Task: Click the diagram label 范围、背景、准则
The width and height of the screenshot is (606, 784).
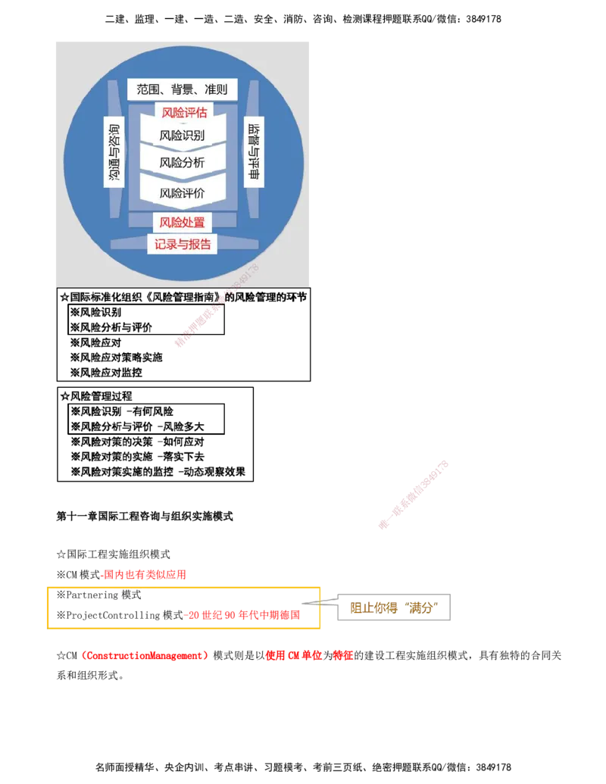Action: click(182, 89)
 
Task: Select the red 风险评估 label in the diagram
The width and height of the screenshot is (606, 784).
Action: click(184, 113)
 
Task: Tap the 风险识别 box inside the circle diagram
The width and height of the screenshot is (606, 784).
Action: click(182, 135)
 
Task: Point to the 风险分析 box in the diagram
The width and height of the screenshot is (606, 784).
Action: click(182, 163)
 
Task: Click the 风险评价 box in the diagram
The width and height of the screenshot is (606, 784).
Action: click(182, 193)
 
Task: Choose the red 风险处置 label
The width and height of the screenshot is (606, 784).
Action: click(182, 223)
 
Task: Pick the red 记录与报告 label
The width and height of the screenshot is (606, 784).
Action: click(183, 244)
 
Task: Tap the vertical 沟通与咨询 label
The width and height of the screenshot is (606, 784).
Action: click(114, 152)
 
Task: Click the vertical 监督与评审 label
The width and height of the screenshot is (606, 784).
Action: click(254, 151)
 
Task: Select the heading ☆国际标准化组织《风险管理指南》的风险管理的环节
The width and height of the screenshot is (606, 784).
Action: click(183, 297)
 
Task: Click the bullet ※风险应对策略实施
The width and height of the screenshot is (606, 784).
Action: click(116, 358)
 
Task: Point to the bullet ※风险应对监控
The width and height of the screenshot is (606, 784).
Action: click(106, 373)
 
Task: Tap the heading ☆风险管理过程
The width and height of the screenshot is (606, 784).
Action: click(96, 396)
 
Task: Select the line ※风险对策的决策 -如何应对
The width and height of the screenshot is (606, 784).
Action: click(137, 442)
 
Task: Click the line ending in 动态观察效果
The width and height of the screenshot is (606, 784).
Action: click(158, 471)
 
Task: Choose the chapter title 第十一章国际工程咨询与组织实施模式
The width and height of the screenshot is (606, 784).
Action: click(145, 516)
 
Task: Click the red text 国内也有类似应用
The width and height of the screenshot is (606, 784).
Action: click(145, 574)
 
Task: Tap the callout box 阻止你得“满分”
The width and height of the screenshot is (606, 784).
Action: click(394, 608)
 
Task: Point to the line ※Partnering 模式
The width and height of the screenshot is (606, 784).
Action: click(98, 595)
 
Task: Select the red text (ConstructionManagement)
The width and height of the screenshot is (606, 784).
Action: click(144, 655)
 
